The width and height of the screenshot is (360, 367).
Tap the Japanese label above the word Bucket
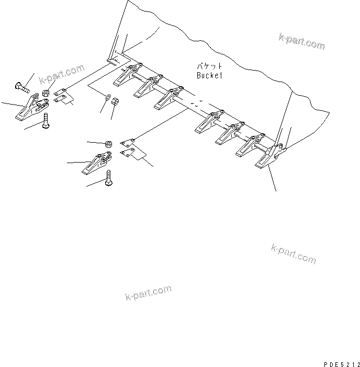(x=209, y=66)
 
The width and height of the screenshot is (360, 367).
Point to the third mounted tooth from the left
(x=167, y=98)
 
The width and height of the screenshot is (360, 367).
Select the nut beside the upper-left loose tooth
(x=46, y=93)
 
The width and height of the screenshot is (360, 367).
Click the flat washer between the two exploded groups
(x=106, y=97)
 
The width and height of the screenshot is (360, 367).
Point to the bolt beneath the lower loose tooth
(x=109, y=179)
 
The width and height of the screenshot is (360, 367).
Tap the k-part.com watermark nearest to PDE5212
(x=293, y=254)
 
